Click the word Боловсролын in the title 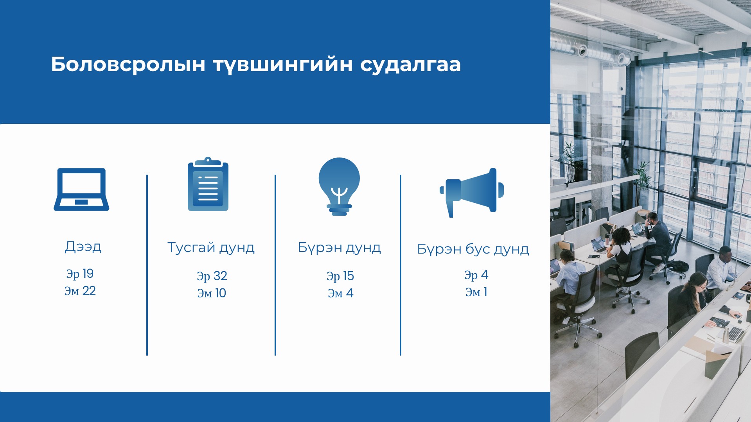128,65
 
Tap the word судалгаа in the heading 410,65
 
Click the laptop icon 81,190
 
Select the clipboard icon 208,184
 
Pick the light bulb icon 339,186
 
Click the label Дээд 83,247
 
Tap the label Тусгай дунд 211,248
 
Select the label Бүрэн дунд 339,248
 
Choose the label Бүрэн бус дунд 473,249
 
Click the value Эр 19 80,274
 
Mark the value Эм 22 80,291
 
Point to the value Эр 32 212,276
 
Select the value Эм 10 212,293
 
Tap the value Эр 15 340,276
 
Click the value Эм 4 341,293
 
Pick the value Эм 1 476,292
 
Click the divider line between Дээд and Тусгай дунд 147,265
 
